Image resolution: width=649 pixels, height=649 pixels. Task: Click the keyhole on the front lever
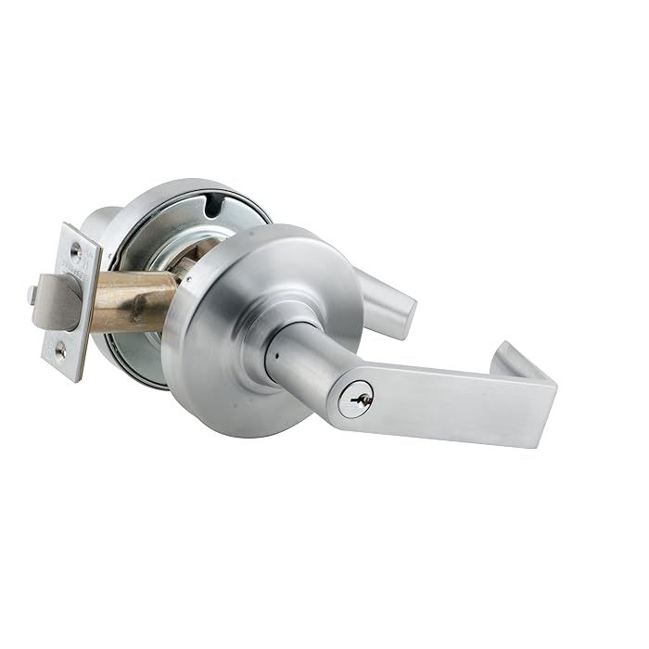pyautogui.click(x=356, y=399)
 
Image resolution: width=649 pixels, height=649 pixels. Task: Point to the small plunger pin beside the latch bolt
pyautogui.click(x=32, y=295)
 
